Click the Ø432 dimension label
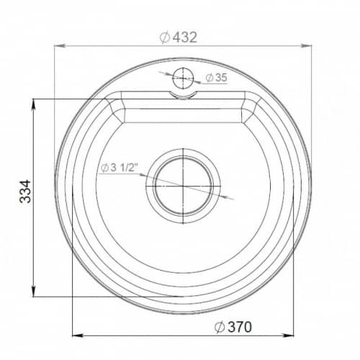click(x=179, y=37)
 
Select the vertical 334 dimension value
click(x=25, y=192)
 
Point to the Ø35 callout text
click(x=216, y=78)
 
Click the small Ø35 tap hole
click(x=183, y=78)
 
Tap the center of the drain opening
click(x=183, y=186)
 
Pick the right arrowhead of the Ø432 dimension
click(x=306, y=45)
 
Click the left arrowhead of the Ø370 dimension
click(x=78, y=336)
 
